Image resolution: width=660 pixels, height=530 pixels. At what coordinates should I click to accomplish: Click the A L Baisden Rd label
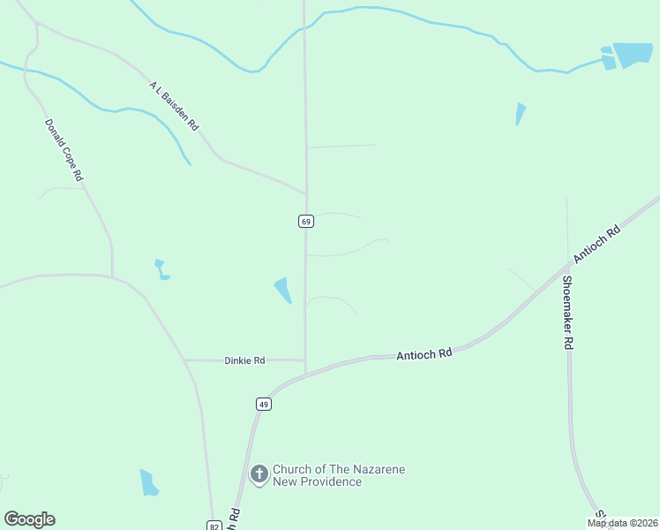click(x=174, y=107)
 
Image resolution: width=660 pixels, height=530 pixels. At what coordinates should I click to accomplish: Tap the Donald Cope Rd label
click(x=64, y=151)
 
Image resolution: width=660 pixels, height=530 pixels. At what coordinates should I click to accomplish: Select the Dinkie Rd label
click(x=244, y=360)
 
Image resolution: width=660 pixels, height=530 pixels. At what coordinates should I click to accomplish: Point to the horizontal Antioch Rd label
click(x=424, y=353)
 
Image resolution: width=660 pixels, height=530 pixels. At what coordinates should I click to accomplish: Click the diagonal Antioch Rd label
click(x=597, y=244)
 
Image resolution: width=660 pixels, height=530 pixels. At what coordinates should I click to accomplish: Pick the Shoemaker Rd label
click(x=569, y=313)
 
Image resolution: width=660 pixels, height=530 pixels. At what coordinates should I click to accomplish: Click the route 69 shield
click(x=305, y=221)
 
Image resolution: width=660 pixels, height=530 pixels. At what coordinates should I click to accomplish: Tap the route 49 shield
click(x=263, y=404)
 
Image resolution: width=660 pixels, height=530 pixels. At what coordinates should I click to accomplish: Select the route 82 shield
click(x=214, y=525)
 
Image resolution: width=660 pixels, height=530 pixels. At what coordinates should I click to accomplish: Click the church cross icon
click(x=259, y=475)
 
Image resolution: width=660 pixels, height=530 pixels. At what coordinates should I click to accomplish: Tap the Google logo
click(x=29, y=519)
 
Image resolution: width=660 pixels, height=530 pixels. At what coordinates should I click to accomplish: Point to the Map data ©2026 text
click(x=622, y=523)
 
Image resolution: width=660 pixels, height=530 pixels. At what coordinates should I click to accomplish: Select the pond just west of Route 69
click(x=283, y=289)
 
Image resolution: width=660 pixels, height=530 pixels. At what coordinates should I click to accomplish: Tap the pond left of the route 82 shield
click(x=148, y=482)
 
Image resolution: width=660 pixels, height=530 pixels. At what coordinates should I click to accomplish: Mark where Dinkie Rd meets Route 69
click(x=305, y=360)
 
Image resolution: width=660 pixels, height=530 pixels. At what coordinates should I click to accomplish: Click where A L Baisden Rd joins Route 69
click(x=306, y=193)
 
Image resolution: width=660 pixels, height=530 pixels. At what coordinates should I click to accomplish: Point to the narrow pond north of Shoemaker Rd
click(x=520, y=113)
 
